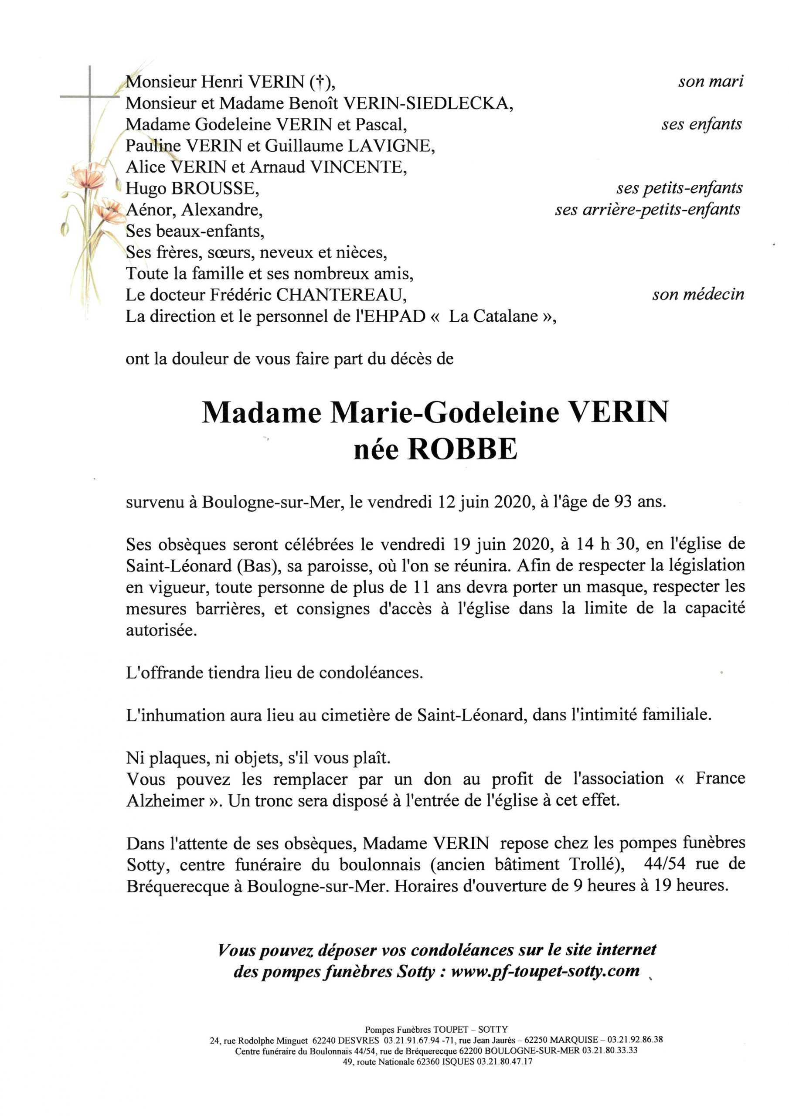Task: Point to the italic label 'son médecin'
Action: [698, 294]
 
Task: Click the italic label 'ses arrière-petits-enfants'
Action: [647, 210]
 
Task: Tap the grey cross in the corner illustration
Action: [90, 97]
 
